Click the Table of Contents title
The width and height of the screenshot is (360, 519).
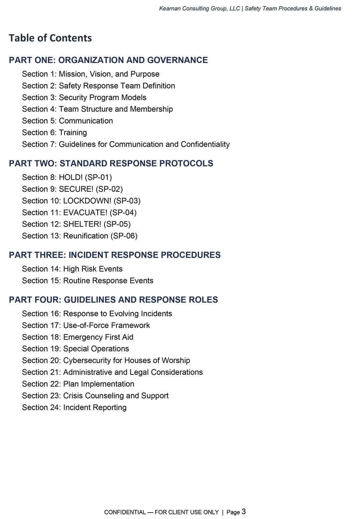[x=50, y=38]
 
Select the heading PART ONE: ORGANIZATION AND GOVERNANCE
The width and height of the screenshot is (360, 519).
[x=108, y=60]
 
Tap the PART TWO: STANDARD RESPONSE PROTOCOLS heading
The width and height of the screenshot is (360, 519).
[x=111, y=163]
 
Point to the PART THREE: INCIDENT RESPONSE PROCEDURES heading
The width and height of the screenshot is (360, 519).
[x=114, y=255]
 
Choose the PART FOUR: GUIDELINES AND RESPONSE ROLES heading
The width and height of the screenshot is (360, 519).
[x=113, y=300]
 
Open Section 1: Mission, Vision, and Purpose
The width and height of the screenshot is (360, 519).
[x=91, y=74]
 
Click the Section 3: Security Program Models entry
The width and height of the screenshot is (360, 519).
[x=84, y=97]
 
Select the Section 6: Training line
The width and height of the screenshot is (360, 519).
[x=54, y=133]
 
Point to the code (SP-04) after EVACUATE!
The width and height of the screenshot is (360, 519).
[x=123, y=213]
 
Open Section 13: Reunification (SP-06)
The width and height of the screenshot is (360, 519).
[x=80, y=236]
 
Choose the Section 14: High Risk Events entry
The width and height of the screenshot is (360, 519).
[x=72, y=269]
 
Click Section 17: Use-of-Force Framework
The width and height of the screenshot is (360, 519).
[x=86, y=325]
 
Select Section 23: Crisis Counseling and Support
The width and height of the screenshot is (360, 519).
[x=95, y=396]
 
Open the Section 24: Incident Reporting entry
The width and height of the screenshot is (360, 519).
[x=74, y=408]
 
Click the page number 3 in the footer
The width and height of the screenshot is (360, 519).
[x=244, y=511]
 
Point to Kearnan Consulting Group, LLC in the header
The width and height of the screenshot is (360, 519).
[x=199, y=8]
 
